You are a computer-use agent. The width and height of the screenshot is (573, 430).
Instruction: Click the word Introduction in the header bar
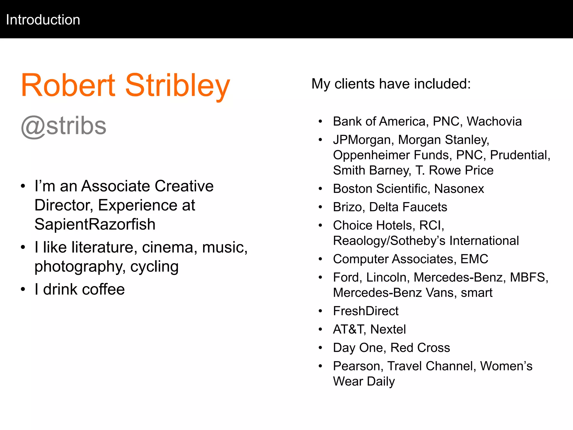pos(43,20)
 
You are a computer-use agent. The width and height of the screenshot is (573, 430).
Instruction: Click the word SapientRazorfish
pos(95,225)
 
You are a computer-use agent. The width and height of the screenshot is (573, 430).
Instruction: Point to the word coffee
pos(104,289)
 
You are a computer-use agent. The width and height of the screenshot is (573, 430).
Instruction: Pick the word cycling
pos(154,267)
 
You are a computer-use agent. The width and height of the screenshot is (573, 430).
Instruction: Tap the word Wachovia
pos(494,121)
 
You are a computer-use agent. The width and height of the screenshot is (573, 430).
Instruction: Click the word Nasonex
pos(459,189)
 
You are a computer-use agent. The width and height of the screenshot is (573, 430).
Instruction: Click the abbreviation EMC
pos(474,259)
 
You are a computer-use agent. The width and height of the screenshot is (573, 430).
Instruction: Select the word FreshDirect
pos(366,311)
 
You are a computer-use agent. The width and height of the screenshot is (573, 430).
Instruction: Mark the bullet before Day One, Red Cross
pos(321,348)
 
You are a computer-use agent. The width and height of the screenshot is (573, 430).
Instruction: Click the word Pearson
pos(358,366)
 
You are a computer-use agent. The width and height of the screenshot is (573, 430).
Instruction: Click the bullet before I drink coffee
pos(23,289)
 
